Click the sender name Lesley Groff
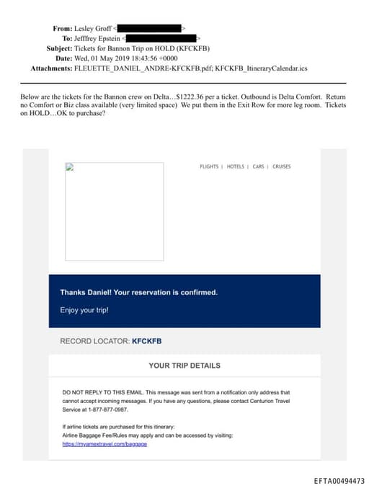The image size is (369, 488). coord(98,28)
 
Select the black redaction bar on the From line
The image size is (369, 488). coord(153,28)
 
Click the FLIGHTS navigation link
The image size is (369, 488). coord(209,167)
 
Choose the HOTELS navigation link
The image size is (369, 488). coord(236,167)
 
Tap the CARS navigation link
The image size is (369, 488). coord(259,167)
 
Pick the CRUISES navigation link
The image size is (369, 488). coord(282,167)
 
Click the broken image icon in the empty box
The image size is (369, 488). coord(70,167)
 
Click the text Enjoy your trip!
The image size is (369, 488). coord(84,310)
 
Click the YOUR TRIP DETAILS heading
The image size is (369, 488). coord(184,366)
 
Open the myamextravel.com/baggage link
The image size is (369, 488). coord(105,444)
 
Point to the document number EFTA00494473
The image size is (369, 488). coord(339,481)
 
